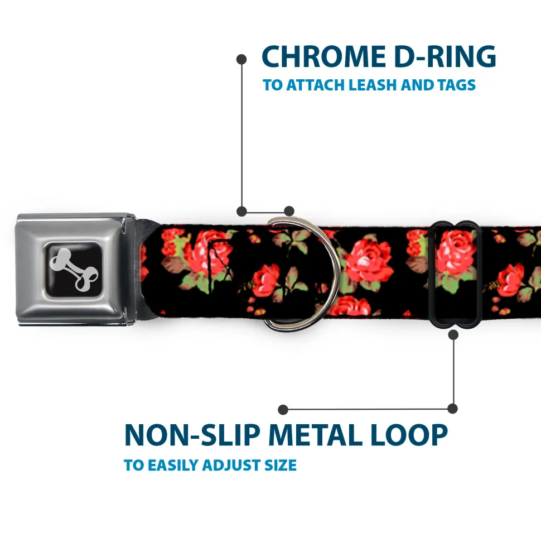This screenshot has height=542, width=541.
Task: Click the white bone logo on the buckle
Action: point(74,269)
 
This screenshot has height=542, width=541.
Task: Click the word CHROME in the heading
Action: point(323,56)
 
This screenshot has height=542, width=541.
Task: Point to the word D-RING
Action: point(445,56)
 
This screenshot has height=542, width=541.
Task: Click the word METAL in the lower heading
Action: point(316,435)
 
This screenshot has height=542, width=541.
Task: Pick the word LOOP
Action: point(409,435)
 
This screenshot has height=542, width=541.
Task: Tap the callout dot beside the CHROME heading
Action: point(241,59)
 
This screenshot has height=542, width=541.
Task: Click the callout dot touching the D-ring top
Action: point(289,211)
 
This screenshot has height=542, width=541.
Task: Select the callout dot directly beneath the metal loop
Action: point(453,334)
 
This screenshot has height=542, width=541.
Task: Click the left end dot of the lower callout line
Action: point(283,410)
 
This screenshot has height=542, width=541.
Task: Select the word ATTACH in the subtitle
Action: point(316,85)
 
